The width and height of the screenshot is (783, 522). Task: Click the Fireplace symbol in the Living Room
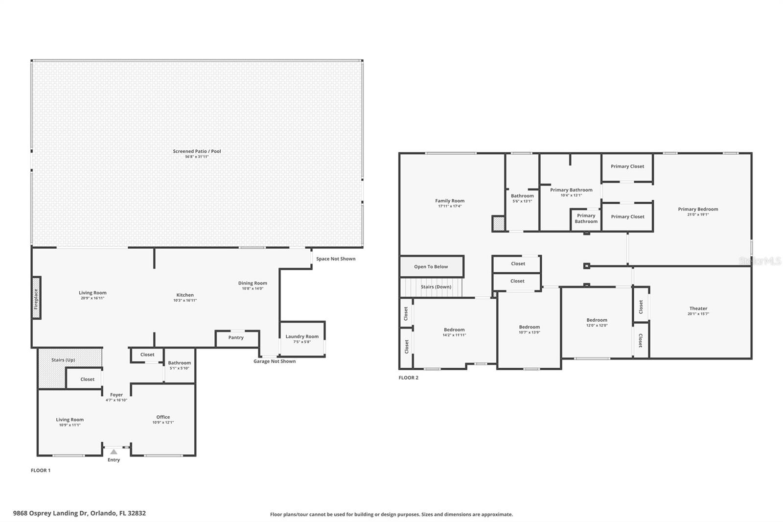pyautogui.click(x=36, y=298)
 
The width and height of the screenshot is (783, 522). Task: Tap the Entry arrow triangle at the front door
pyautogui.click(x=114, y=451)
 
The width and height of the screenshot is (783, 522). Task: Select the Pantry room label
pyautogui.click(x=236, y=337)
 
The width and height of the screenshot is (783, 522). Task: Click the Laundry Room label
pyautogui.click(x=302, y=336)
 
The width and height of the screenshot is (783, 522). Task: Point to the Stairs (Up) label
pyautogui.click(x=63, y=360)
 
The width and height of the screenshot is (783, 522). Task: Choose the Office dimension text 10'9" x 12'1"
pyautogui.click(x=163, y=422)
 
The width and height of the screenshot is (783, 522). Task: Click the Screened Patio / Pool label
pyautogui.click(x=197, y=151)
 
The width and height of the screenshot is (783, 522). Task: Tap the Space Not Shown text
pyautogui.click(x=336, y=259)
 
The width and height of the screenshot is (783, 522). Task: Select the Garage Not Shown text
pyautogui.click(x=275, y=361)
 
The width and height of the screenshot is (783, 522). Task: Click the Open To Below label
pyautogui.click(x=431, y=266)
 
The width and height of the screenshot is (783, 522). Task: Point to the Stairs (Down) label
pyautogui.click(x=436, y=287)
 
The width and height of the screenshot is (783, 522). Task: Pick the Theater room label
pyautogui.click(x=698, y=308)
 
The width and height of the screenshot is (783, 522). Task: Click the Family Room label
pyautogui.click(x=450, y=201)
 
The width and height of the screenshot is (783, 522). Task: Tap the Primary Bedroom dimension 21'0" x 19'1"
pyautogui.click(x=698, y=214)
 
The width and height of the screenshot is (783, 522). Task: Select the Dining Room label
pyautogui.click(x=253, y=283)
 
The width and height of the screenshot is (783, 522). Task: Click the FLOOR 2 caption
pyautogui.click(x=409, y=378)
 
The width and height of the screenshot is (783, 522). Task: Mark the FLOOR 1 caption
pyautogui.click(x=41, y=470)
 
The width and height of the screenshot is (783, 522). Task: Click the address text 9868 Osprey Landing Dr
pyautogui.click(x=50, y=513)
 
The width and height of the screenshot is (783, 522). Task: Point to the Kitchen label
pyautogui.click(x=185, y=295)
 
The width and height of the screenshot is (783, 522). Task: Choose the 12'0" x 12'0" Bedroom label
pyautogui.click(x=597, y=320)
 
